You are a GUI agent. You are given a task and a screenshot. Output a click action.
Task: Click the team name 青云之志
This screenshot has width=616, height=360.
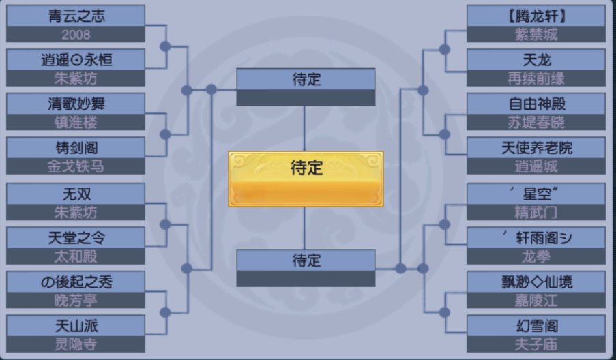coord(76,16)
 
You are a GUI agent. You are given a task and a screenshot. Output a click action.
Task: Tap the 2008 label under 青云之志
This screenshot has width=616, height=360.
coord(76,35)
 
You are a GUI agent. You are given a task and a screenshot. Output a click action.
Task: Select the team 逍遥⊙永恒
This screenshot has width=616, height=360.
coord(76,60)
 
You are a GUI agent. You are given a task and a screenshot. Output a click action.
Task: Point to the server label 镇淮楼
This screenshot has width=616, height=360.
coord(76,123)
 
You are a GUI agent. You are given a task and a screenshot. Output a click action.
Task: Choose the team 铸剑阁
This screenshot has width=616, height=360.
coord(76,148)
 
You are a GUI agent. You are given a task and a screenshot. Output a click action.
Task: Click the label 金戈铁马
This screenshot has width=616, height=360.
coord(76,166)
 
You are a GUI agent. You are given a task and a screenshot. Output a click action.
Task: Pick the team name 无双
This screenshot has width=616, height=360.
coord(76,194)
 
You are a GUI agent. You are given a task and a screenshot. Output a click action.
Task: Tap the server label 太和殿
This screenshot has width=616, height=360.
coord(76,256)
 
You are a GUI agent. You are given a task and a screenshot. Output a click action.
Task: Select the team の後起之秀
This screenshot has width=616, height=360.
coord(76,282)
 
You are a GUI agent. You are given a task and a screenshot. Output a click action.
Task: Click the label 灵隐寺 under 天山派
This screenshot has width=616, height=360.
coord(76,344)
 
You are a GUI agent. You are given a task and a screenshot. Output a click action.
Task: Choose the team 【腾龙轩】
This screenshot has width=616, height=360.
coord(536,16)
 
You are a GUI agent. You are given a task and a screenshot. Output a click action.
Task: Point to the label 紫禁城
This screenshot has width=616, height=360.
coord(536,35)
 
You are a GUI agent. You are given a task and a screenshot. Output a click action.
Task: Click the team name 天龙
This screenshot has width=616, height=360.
coord(537,60)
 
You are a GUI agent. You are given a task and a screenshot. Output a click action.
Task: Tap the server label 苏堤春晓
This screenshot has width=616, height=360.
coord(536,123)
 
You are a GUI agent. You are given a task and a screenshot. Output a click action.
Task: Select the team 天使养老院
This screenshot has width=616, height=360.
coord(537,148)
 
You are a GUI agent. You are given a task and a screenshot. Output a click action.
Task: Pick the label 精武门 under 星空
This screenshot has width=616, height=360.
coord(536,213)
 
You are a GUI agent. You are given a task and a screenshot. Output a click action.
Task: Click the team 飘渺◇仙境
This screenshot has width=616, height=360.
coord(537,282)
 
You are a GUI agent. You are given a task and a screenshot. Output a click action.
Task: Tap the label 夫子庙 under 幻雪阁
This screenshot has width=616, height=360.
coord(536,344)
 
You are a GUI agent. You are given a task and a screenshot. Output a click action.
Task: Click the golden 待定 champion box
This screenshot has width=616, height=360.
coord(306,179)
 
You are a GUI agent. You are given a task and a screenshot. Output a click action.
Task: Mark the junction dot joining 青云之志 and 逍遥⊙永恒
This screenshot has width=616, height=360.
coord(165,46)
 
